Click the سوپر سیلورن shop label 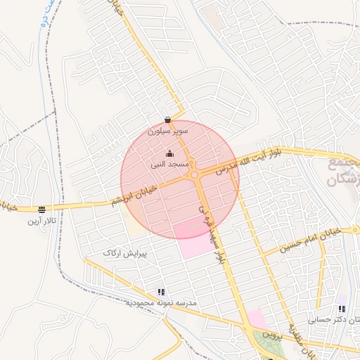(167, 131)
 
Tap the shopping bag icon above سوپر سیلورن (167, 120)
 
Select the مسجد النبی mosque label (169, 165)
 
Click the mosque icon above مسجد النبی (169, 154)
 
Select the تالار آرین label (41, 221)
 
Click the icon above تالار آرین (41, 210)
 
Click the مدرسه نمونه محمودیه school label (162, 303)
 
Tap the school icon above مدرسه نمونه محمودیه (161, 292)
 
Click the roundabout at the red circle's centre (194, 173)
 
